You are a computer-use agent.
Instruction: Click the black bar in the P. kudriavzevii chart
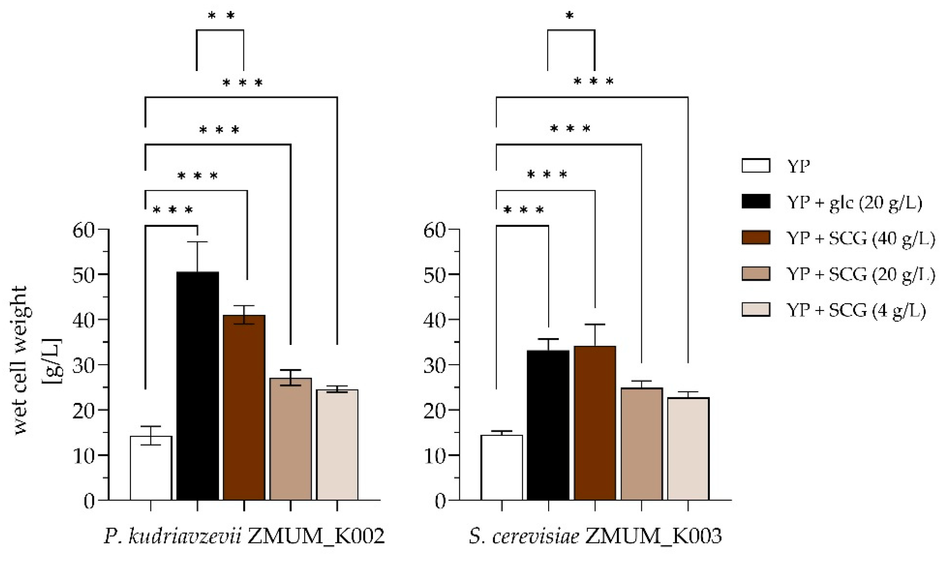click(x=197, y=386)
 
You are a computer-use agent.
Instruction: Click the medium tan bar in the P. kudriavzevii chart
click(x=290, y=439)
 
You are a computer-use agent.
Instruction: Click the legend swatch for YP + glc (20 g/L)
click(x=756, y=202)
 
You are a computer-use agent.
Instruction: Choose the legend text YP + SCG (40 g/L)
click(x=860, y=239)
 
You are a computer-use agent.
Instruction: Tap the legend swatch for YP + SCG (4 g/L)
click(x=756, y=309)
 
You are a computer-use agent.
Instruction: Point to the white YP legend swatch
click(x=756, y=166)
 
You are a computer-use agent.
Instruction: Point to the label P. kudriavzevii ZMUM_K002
click(x=244, y=536)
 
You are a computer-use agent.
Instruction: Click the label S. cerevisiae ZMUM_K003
click(x=595, y=536)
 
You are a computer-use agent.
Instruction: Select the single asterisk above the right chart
click(x=570, y=16)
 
